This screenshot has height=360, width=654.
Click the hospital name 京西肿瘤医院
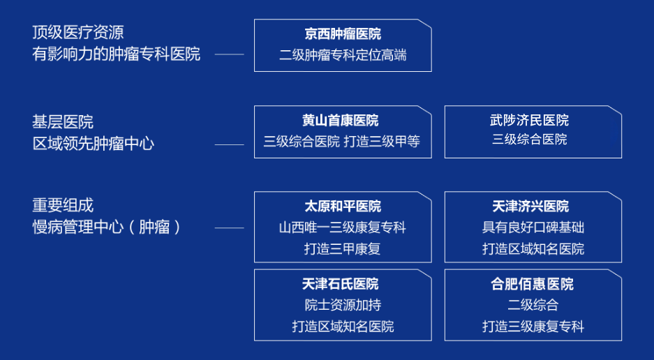coord(343,33)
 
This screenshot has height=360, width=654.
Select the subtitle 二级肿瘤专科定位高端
coord(343,55)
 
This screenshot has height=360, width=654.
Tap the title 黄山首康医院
coord(341,120)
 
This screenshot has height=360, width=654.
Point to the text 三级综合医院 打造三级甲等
coord(342,142)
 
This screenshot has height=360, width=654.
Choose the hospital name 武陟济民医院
coord(530,120)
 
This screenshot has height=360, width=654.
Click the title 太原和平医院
coord(343,206)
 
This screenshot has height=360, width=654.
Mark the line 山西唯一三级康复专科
coord(343,227)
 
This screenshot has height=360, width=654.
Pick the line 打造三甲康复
coord(343,249)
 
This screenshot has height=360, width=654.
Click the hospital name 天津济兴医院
coord(530,206)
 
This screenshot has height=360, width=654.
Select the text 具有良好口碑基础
coord(533,227)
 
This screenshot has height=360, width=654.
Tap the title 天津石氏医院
coord(341,284)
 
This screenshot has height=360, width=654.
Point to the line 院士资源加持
coord(343,305)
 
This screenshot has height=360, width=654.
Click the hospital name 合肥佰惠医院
coord(533,284)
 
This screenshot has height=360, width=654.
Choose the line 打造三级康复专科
coord(533,327)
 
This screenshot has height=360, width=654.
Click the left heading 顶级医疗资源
coord(78,33)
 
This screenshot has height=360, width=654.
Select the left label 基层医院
coord(63,122)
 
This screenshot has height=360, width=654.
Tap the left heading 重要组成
coord(63,205)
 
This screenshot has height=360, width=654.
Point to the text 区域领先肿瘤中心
coord(94,144)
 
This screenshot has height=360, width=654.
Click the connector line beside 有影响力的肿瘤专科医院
coord(230,54)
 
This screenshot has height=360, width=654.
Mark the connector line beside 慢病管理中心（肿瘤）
coord(230,227)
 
